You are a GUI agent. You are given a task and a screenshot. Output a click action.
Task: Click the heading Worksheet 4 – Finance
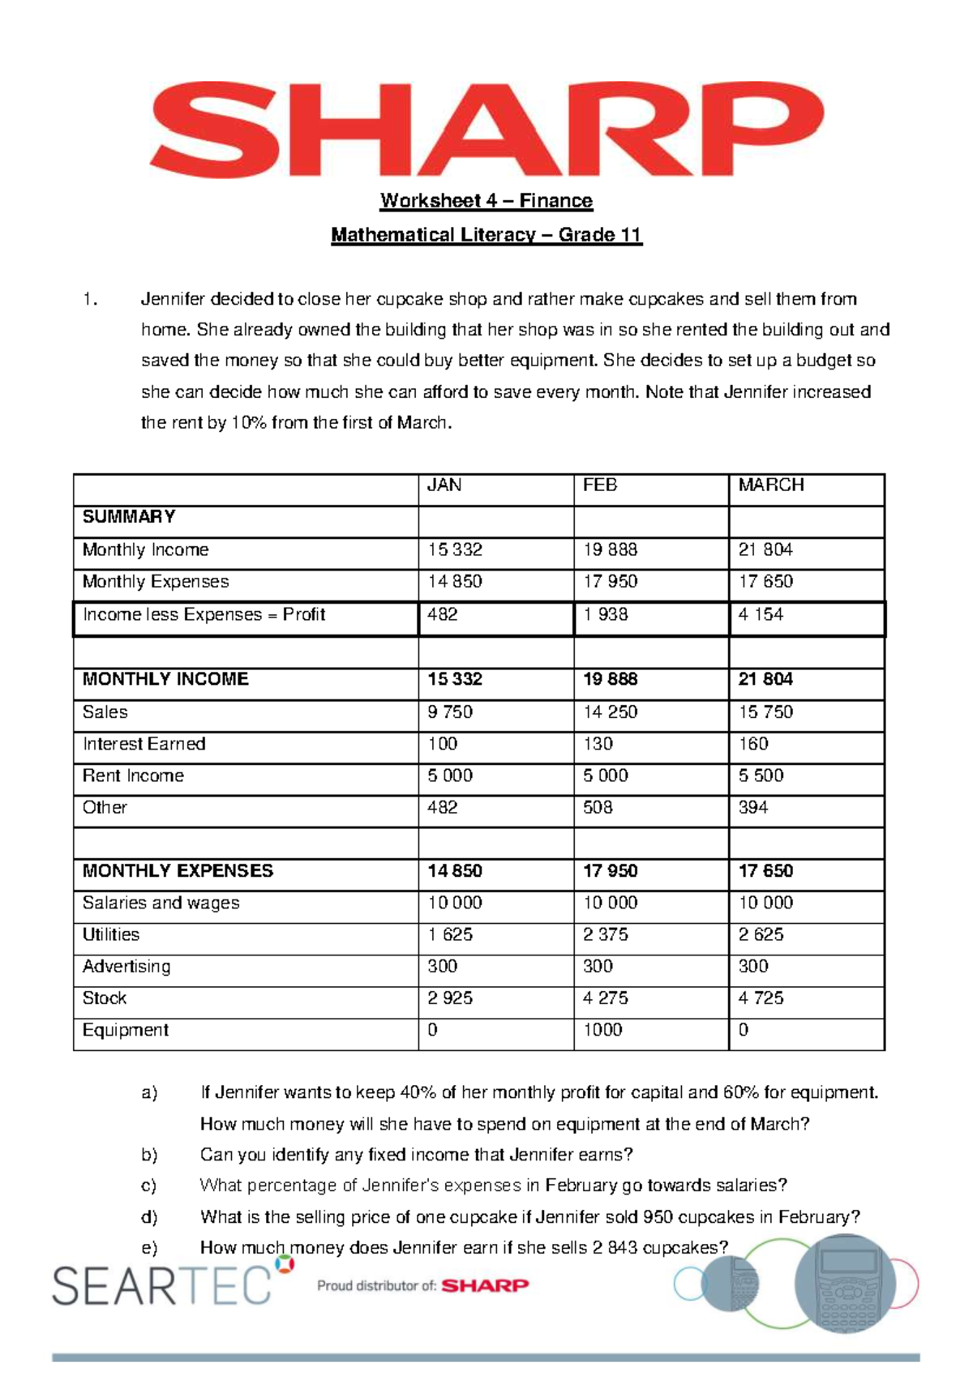(486, 200)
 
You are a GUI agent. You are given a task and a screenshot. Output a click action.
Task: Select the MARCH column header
(771, 485)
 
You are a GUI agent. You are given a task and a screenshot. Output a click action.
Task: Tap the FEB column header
(600, 485)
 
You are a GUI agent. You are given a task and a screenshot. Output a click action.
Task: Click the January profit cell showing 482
(443, 614)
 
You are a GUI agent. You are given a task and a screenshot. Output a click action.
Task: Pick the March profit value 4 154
(761, 614)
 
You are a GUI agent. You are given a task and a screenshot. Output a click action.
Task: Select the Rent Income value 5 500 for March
(761, 776)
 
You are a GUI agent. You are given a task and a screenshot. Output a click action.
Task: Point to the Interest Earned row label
(144, 744)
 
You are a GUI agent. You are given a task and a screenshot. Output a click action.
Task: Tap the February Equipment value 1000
(602, 1030)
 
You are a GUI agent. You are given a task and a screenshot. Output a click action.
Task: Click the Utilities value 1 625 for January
(450, 934)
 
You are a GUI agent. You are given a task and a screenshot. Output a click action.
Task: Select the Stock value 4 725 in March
(761, 998)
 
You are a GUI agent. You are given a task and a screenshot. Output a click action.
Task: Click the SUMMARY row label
(129, 517)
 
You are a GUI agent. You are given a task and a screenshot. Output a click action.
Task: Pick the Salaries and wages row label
(161, 903)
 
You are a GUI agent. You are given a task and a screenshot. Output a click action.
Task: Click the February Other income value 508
(598, 807)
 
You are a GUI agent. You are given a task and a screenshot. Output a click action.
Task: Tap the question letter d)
(149, 1216)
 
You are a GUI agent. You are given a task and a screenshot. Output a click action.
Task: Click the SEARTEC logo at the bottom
(166, 1284)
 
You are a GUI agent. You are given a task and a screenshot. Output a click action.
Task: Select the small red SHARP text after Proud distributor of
(485, 1285)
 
